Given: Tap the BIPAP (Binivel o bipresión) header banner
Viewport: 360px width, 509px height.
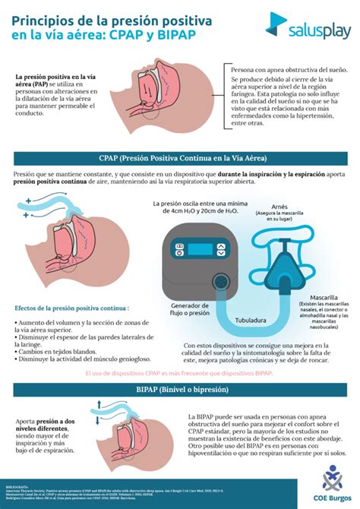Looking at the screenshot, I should (180, 390).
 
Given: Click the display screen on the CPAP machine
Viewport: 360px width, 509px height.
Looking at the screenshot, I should (201, 251).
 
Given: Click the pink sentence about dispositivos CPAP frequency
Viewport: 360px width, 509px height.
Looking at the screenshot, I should (179, 373).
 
